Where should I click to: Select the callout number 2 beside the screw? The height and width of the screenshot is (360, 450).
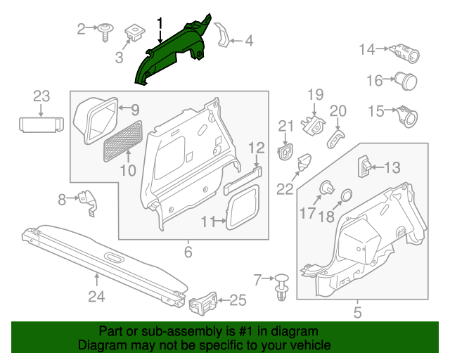[x=82, y=28]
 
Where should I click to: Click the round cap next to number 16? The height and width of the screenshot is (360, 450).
[x=405, y=79]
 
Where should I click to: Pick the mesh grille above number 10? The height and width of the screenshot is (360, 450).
[x=122, y=140]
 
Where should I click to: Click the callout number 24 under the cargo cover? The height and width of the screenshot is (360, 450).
[x=96, y=297]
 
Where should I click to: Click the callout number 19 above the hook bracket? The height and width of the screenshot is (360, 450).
[x=314, y=95]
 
